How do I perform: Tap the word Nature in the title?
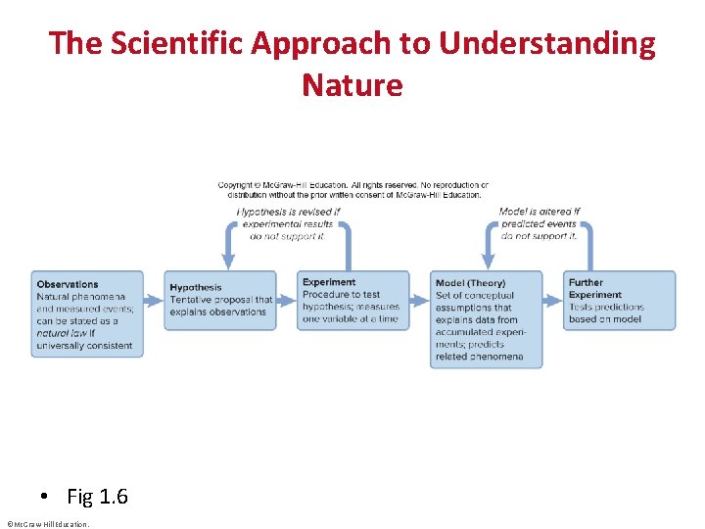pos(352,85)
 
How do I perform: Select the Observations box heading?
pos(68,284)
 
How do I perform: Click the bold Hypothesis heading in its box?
pos(196,288)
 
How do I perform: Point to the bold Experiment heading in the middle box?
pos(329,282)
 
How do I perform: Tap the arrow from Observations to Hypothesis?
pos(154,300)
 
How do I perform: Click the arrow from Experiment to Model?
pos(420,300)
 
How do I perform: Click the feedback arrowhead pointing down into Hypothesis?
pos(228,262)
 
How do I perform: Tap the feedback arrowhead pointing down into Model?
pos(493,262)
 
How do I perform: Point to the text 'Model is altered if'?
pos(540,212)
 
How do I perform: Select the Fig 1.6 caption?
pos(97,497)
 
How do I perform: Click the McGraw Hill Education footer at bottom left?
pos(47,524)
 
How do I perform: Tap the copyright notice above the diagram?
pos(352,189)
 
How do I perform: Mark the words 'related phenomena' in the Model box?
pos(480,357)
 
